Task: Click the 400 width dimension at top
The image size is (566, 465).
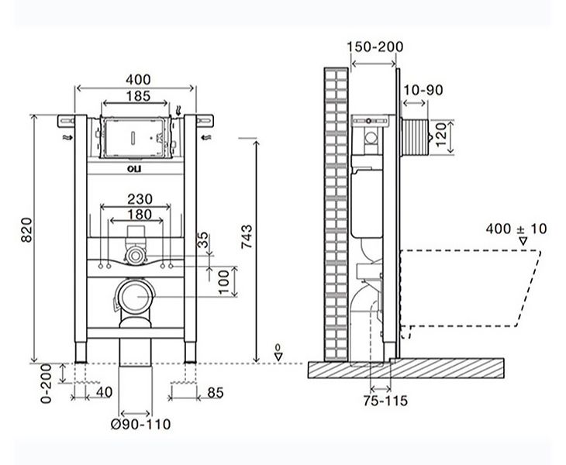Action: (x=138, y=79)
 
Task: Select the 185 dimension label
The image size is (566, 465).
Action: (x=138, y=96)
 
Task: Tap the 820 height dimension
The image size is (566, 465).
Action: (x=26, y=230)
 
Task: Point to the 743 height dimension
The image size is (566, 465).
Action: (x=247, y=236)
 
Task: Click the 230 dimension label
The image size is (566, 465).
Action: (x=140, y=199)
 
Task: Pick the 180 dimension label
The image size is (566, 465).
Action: (x=140, y=215)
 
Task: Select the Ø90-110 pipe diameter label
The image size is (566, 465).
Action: (x=141, y=424)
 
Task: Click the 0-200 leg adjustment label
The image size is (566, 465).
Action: (x=47, y=384)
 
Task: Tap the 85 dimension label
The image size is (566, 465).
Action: (x=216, y=392)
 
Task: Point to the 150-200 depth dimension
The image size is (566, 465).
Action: (x=375, y=46)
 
